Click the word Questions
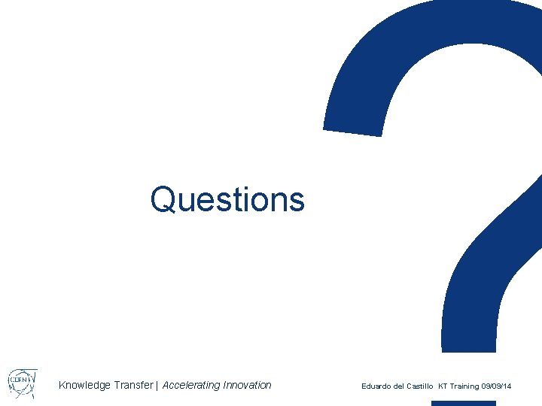click(227, 199)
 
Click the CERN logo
click(22, 383)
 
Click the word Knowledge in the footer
click(84, 386)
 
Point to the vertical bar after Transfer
click(157, 386)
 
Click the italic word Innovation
click(247, 385)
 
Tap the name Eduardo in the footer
click(376, 386)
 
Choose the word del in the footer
click(399, 386)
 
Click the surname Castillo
click(419, 386)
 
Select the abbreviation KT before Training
click(443, 386)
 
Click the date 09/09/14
click(497, 386)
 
